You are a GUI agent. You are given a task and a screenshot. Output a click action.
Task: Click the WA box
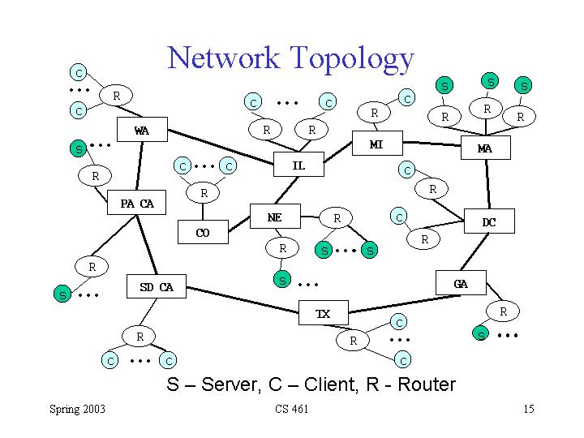(x=142, y=130)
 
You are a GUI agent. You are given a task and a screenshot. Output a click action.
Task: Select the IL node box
(x=298, y=164)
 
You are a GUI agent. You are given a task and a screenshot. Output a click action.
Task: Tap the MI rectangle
(x=377, y=143)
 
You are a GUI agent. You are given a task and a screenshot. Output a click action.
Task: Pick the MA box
(x=486, y=148)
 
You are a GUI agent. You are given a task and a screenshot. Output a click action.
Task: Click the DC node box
(x=489, y=221)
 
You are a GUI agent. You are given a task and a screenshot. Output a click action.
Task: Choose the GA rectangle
(x=461, y=283)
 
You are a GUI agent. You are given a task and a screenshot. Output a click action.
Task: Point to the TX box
(x=324, y=313)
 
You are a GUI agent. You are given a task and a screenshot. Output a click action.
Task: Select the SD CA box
(x=157, y=286)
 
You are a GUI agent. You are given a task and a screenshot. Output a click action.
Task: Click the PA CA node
(x=137, y=203)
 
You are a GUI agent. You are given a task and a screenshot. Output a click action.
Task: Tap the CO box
(x=203, y=232)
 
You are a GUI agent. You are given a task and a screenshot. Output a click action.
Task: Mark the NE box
(x=275, y=216)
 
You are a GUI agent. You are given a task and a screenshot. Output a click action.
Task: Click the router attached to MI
(x=374, y=113)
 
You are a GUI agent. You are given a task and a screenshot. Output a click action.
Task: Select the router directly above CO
(x=203, y=192)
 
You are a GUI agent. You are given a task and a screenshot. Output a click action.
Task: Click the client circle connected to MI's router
(x=406, y=98)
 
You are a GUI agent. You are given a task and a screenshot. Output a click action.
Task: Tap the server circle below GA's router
(x=480, y=333)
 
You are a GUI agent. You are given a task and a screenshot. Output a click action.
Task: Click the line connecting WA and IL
(x=221, y=147)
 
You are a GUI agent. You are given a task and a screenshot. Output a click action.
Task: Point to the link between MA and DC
(x=487, y=184)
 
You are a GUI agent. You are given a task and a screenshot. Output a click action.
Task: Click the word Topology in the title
(x=352, y=59)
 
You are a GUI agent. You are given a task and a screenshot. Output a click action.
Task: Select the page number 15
(x=529, y=409)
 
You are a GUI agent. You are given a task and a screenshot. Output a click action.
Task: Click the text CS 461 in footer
(x=292, y=409)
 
